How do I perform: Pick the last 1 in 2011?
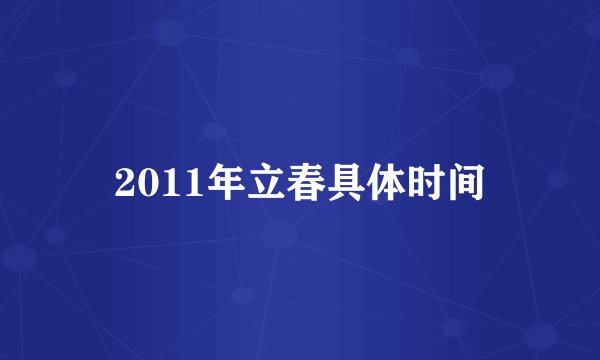click(181, 183)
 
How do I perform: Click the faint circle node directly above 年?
click(214, 130)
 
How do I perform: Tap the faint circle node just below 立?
click(279, 236)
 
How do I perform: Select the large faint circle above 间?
click(497, 75)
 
